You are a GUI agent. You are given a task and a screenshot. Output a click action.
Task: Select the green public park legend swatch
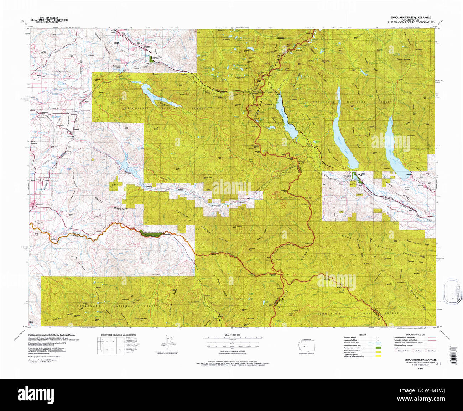[x=379, y=347]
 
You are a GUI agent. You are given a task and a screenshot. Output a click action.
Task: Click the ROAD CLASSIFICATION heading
[x=413, y=335]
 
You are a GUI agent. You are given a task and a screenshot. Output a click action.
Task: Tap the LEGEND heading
[x=362, y=335]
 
